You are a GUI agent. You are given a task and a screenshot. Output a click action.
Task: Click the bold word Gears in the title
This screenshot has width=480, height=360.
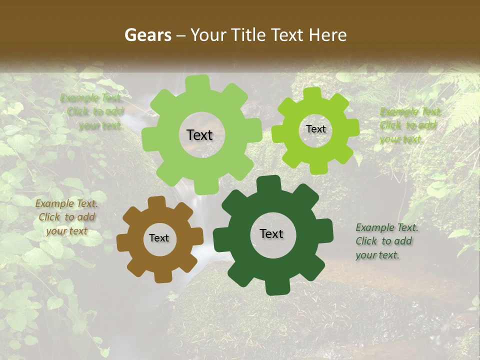click(x=147, y=35)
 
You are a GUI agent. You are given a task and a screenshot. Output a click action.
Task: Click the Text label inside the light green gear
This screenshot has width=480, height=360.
click(x=199, y=135)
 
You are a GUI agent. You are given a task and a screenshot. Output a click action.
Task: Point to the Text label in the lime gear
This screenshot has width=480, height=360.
click(x=315, y=129)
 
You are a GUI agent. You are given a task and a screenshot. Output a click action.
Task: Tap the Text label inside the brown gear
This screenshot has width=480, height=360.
click(x=159, y=238)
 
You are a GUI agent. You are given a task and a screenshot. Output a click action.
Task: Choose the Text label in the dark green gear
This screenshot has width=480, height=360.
click(x=271, y=233)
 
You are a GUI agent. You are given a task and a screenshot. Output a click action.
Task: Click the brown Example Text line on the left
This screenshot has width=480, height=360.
click(x=66, y=203)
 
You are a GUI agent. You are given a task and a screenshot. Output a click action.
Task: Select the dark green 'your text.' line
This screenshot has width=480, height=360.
click(x=377, y=255)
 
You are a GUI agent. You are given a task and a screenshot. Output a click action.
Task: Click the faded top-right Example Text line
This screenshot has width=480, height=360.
click(x=410, y=111)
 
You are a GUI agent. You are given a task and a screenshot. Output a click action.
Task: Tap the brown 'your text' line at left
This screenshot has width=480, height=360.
click(x=66, y=231)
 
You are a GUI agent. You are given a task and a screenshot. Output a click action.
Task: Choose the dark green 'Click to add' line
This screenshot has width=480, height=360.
click(x=384, y=241)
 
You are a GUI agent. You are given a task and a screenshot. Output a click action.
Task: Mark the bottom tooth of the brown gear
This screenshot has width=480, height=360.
click(x=163, y=276)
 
